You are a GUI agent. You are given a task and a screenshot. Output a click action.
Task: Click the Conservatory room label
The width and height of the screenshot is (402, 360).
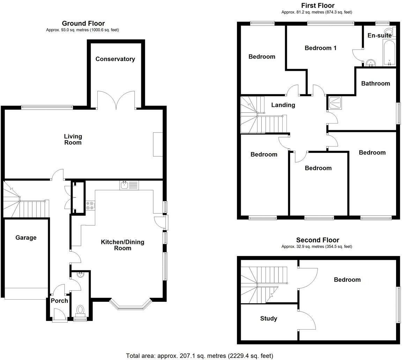click(115, 59)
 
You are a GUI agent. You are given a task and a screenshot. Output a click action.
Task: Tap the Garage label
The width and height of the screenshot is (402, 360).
click(26, 238)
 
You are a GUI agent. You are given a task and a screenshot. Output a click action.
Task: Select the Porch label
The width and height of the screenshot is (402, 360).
click(59, 301)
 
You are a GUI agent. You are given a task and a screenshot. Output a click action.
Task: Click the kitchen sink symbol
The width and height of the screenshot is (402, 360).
click(125, 185)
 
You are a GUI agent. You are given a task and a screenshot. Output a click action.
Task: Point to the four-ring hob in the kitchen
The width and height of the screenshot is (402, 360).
click(90, 205)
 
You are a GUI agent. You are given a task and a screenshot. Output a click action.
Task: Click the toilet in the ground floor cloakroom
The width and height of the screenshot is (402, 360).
click(80, 310)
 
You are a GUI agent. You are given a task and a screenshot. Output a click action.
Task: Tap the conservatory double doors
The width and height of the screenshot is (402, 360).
click(116, 99)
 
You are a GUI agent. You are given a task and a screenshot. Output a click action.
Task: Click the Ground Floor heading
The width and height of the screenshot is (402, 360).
click(83, 23)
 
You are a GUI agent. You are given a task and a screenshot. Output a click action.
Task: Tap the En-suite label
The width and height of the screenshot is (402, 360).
click(379, 35)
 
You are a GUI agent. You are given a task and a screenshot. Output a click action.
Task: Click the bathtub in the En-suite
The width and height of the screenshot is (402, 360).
click(389, 53)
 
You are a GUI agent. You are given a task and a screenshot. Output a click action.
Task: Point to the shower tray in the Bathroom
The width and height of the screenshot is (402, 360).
click(335, 103)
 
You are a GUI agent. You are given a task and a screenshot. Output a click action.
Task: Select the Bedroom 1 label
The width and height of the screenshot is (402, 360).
click(320, 48)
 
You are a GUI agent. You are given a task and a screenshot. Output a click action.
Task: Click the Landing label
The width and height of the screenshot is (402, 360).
click(283, 105)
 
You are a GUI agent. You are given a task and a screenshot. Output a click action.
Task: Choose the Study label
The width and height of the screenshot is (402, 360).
click(269, 318)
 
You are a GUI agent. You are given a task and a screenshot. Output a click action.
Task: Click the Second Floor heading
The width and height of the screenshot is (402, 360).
click(317, 240)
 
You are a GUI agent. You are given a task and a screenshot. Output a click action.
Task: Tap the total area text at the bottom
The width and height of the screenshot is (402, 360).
click(199, 355)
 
